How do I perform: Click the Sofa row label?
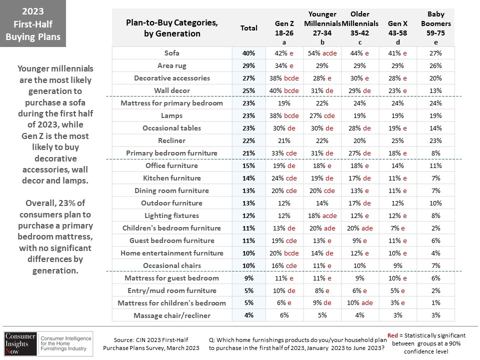click(171, 53)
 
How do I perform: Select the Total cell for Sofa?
click(248, 53)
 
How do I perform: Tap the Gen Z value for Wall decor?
click(284, 90)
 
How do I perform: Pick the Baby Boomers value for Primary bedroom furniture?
click(435, 153)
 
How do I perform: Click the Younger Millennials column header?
click(322, 28)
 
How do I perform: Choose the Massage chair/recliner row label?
click(172, 315)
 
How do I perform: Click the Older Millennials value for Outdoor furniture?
click(359, 203)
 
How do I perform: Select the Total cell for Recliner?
click(248, 140)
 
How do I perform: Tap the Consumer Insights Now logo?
click(48, 344)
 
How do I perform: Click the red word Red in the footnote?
click(392, 335)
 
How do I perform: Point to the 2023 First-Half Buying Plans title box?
click(33, 23)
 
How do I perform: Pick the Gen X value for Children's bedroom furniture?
click(397, 228)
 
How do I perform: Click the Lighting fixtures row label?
click(171, 215)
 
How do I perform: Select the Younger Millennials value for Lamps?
click(322, 115)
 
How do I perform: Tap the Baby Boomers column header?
click(435, 28)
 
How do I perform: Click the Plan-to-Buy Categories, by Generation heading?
click(172, 28)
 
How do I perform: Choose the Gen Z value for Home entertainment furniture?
click(284, 253)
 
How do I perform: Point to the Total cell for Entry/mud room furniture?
click(249, 290)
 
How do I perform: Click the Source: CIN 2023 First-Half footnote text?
click(151, 340)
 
